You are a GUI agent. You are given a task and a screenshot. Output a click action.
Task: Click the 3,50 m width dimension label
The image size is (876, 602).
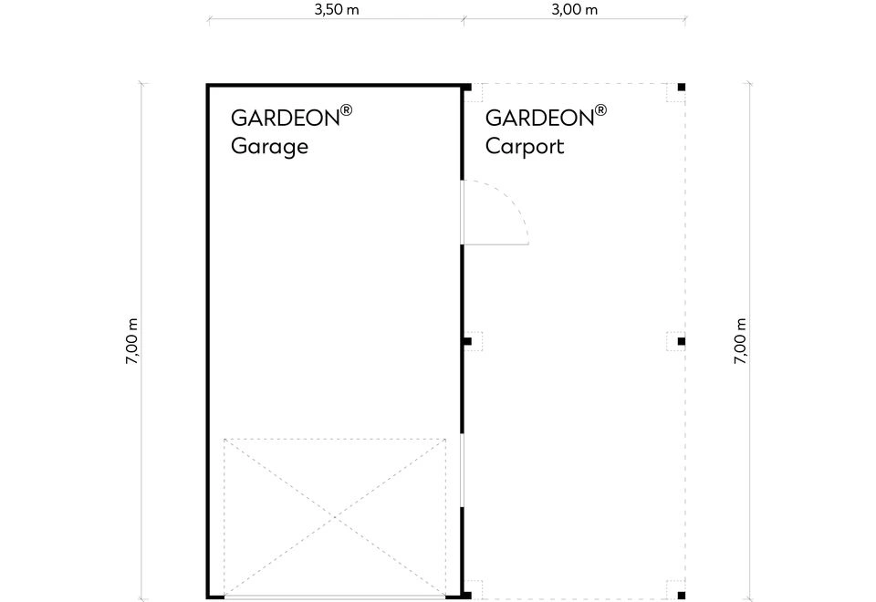click(337, 9)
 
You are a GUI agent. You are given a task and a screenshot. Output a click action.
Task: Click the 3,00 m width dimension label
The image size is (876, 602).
click(574, 9)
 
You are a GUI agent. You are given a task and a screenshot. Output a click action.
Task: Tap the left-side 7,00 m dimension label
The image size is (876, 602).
click(131, 341)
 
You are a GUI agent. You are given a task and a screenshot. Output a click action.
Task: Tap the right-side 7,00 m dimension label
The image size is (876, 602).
click(740, 341)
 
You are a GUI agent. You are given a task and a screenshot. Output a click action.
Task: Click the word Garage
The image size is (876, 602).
click(269, 146)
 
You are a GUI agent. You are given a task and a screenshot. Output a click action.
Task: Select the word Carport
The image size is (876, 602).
click(525, 146)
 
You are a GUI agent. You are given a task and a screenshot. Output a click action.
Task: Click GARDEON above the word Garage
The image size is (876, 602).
click(285, 118)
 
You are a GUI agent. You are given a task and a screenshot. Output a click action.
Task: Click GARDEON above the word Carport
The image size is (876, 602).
click(539, 118)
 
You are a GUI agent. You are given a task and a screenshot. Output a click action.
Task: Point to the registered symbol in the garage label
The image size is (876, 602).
click(347, 109)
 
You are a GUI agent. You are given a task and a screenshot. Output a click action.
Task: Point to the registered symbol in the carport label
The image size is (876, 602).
click(600, 109)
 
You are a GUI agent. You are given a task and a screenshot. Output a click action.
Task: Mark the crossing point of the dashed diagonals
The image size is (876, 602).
click(335, 518)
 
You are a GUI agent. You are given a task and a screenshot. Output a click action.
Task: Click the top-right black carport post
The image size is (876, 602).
click(681, 88)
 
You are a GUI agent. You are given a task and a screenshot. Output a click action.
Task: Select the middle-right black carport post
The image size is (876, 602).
click(681, 341)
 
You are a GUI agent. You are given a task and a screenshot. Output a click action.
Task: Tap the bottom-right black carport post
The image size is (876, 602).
click(681, 596)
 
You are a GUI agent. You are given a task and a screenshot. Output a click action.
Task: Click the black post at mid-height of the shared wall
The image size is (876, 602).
click(467, 341)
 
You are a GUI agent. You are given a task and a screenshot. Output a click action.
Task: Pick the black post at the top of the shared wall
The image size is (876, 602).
click(467, 88)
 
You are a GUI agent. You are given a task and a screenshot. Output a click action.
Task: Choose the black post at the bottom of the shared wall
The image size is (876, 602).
click(467, 596)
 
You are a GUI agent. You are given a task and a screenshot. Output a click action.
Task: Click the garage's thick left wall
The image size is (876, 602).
click(207, 341)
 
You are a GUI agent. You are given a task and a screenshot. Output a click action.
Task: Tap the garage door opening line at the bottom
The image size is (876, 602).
click(335, 597)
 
